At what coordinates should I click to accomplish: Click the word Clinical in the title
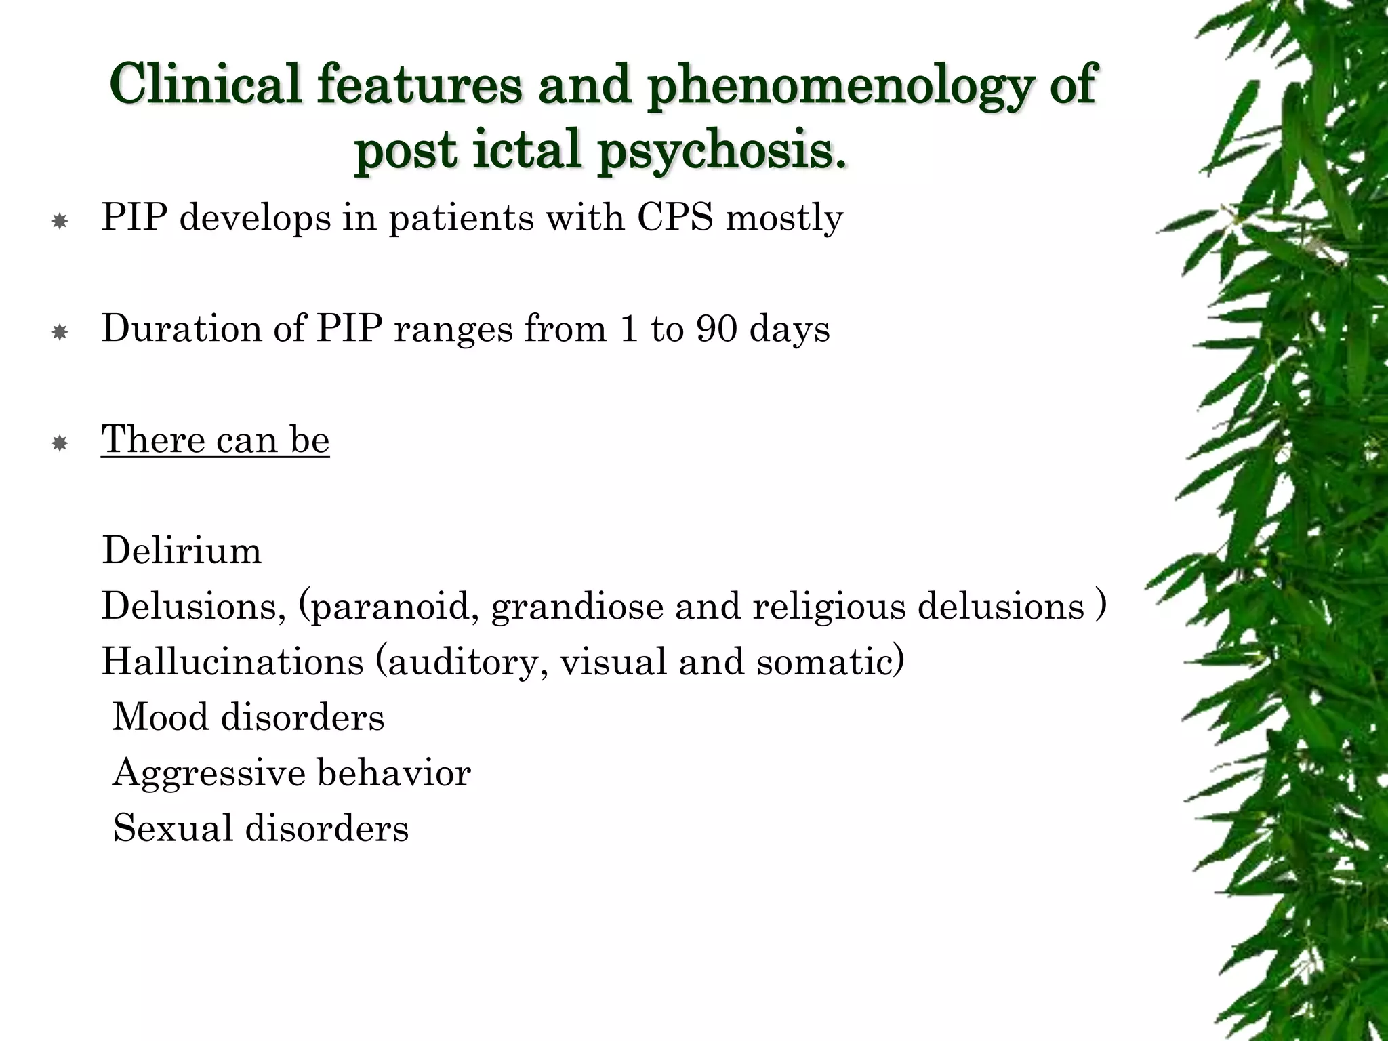[205, 83]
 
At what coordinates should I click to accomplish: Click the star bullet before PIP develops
[60, 221]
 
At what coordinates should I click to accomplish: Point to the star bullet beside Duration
[60, 332]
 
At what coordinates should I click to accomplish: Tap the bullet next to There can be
[60, 443]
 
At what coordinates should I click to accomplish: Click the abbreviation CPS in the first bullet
[675, 218]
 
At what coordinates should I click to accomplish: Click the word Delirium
[182, 550]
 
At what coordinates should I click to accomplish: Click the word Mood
[161, 717]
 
